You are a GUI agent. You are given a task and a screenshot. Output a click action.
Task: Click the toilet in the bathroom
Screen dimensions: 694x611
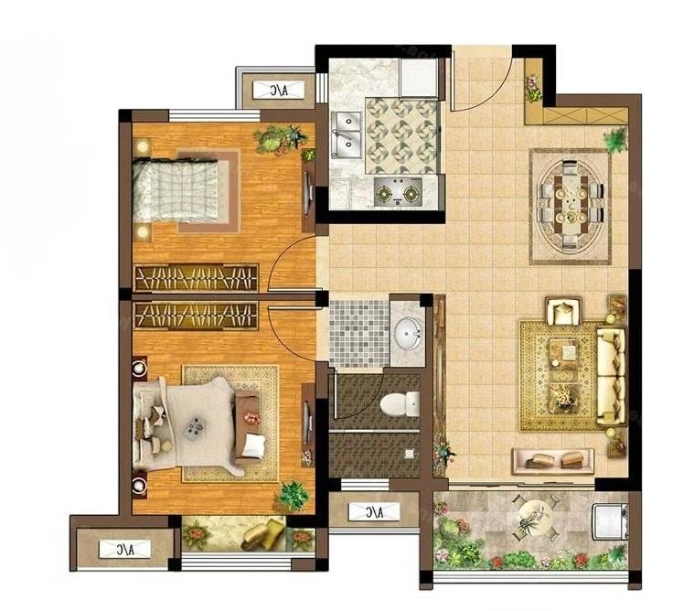pos(400,403)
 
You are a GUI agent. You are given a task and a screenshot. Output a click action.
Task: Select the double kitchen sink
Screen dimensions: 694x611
pos(347,134)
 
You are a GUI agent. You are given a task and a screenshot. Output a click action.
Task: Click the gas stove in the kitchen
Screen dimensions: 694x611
pos(398,192)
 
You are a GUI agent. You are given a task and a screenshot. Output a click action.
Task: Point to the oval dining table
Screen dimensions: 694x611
pos(570,206)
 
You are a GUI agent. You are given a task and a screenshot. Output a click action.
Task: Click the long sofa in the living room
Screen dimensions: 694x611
pos(611,376)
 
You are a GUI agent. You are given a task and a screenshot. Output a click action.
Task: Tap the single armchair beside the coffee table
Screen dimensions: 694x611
pos(563,312)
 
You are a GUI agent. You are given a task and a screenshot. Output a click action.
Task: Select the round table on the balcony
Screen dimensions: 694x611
pos(535,517)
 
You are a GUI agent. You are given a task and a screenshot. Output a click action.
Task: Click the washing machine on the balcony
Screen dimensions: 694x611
pos(611,521)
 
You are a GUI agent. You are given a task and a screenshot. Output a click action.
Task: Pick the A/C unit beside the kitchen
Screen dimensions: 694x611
pos(279,91)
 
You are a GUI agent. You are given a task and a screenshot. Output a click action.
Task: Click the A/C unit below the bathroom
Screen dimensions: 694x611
pos(374,512)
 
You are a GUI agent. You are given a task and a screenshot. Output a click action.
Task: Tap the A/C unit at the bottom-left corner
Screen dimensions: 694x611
pos(124,549)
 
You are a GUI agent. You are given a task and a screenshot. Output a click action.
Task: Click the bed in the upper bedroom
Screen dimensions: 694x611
pos(176,190)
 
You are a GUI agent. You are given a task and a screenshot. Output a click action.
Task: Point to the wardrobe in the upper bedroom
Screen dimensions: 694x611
pos(196,278)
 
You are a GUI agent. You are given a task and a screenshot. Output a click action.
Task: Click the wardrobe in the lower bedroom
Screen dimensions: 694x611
pos(196,316)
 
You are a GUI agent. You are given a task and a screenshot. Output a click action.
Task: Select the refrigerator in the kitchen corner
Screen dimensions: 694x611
pos(419,79)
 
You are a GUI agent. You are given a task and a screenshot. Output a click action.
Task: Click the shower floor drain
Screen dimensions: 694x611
pos(410,454)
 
